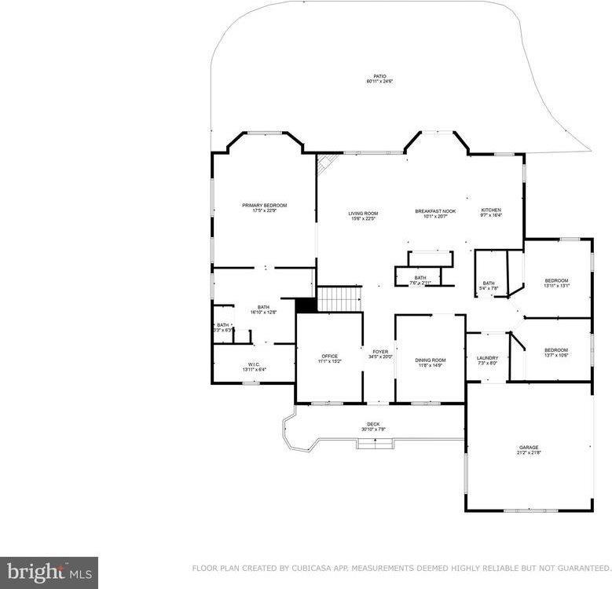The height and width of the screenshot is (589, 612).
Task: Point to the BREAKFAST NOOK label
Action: pyautogui.click(x=435, y=213)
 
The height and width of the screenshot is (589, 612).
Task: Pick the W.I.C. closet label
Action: pyautogui.click(x=254, y=366)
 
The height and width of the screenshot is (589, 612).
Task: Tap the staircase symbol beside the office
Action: pyautogui.click(x=339, y=299)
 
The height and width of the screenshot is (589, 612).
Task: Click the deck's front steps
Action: pyautogui.click(x=375, y=444)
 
